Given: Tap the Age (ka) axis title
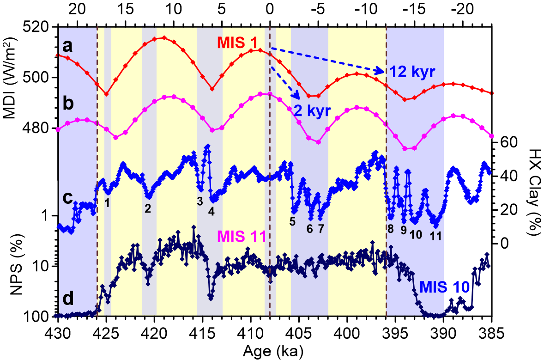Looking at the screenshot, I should click(x=273, y=351).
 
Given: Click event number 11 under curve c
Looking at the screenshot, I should click(x=435, y=236).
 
